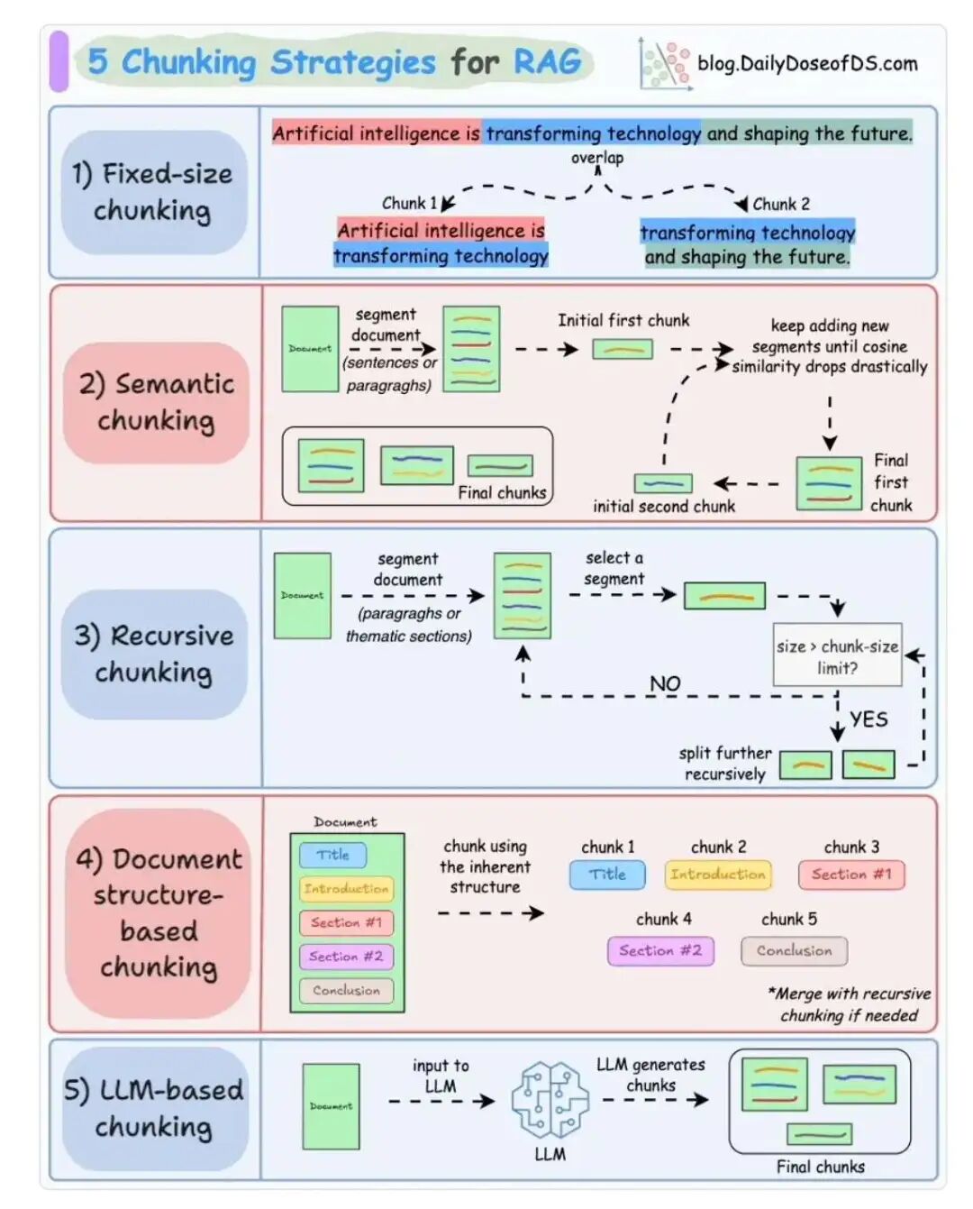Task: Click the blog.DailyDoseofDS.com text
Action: tap(807, 64)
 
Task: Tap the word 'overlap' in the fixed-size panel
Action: tap(597, 158)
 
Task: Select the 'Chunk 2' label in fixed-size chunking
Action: tap(780, 204)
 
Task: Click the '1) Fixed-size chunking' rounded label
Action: tap(154, 192)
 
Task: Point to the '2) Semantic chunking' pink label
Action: tap(156, 402)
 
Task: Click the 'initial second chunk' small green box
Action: tap(663, 483)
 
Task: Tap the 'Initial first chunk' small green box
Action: tap(623, 349)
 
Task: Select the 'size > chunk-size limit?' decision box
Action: tap(837, 655)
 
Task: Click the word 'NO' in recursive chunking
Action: tap(665, 683)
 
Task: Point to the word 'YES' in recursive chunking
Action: tap(868, 719)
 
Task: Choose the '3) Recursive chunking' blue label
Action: tap(154, 654)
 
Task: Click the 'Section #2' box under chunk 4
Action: tap(660, 951)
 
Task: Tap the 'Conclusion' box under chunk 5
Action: tap(794, 951)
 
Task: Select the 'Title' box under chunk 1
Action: tap(607, 875)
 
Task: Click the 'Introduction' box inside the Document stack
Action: tap(346, 889)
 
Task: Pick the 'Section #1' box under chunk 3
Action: tap(850, 875)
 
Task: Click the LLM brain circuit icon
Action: tap(550, 1099)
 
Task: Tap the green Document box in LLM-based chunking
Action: tap(331, 1106)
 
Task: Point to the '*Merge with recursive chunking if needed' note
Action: tap(849, 1004)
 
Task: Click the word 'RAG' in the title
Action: tap(547, 62)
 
